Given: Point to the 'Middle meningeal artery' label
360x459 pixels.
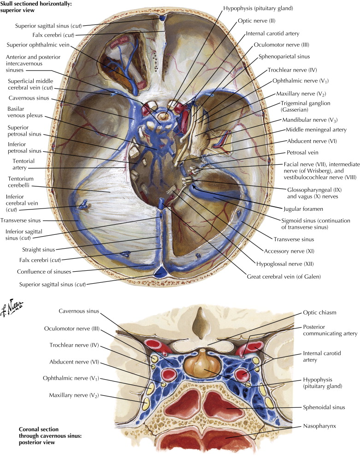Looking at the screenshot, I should [316, 130].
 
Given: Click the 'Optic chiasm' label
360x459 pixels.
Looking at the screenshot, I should [303, 312].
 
